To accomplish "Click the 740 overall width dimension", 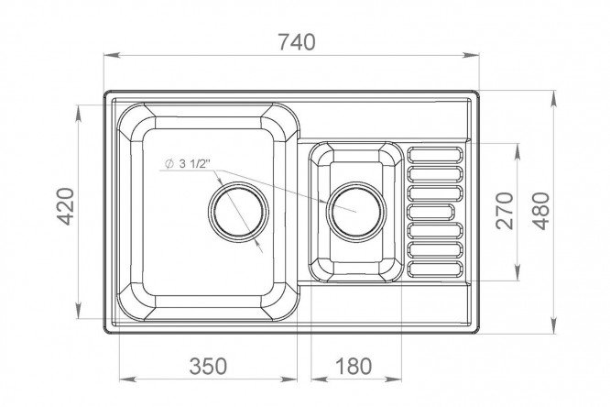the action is (297, 42).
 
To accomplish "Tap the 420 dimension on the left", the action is (65, 206).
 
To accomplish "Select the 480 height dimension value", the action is (541, 211).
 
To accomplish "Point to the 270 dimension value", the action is (505, 210).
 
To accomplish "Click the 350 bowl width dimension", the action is (208, 366).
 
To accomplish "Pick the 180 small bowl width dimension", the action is (354, 366).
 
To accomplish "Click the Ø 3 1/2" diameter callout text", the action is (188, 164).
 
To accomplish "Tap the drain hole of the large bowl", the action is (238, 212).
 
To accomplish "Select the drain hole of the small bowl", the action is (356, 212).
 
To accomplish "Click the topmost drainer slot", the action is (435, 155).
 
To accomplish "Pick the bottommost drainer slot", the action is (435, 269).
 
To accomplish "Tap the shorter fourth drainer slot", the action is (430, 212).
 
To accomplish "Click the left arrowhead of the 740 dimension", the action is (111, 55).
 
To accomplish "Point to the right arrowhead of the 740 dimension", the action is (472, 55).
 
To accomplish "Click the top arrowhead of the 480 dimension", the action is (553, 98).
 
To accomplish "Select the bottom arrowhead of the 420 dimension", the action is (79, 311).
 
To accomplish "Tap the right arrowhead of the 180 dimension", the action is (394, 379).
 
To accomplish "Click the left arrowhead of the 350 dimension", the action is (126, 379).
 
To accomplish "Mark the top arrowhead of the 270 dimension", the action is (517, 150).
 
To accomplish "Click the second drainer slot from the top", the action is (435, 173).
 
